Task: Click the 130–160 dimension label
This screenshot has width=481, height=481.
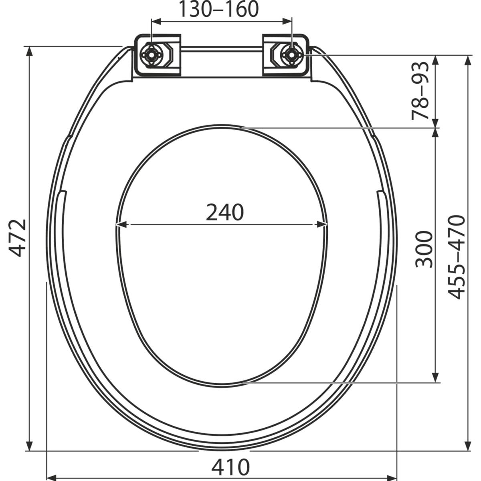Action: click(x=219, y=10)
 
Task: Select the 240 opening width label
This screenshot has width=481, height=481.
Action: click(x=224, y=212)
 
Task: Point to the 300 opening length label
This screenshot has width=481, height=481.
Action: click(x=423, y=249)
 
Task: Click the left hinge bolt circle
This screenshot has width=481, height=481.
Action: click(x=151, y=55)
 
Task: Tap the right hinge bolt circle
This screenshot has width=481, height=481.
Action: click(x=291, y=55)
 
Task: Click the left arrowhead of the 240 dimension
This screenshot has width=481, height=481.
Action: click(x=122, y=224)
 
